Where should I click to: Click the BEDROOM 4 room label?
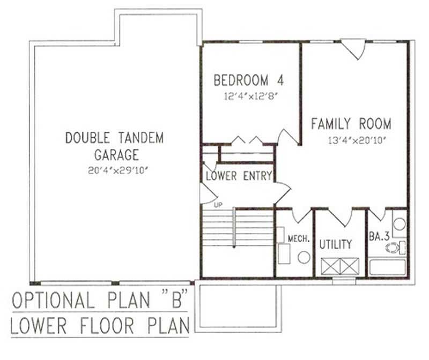point(248,81)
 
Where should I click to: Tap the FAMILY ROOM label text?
point(351,124)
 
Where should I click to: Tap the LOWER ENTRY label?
point(239,176)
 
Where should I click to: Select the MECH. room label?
point(299,238)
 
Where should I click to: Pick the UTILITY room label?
point(336,244)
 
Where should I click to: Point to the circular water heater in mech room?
point(304,257)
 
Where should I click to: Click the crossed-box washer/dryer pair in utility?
point(338,266)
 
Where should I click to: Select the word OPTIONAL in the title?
point(53,301)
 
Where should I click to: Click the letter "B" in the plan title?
point(168,301)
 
